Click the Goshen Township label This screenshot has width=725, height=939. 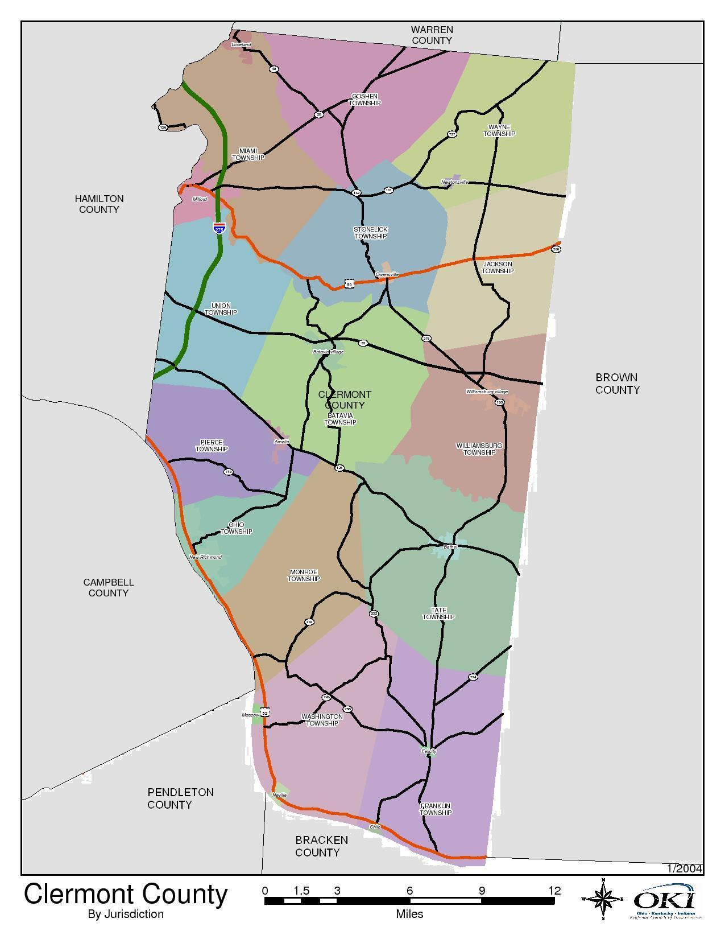coord(364,100)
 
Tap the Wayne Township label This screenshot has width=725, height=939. coord(499,130)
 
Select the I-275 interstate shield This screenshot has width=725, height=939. coord(219,228)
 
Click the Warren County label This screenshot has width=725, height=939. coord(432,35)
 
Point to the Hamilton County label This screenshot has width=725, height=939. coord(99,204)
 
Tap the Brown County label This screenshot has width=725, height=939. coord(617,384)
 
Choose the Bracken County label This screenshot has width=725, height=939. coord(317,846)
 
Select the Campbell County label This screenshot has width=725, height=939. coord(108,588)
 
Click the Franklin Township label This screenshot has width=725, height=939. coord(436,809)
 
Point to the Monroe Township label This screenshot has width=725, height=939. coord(303,575)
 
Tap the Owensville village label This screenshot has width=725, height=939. coord(387,274)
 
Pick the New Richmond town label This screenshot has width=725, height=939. coord(205,557)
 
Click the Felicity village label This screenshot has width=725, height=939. coord(429,751)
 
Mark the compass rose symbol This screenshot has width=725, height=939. coord(603,899)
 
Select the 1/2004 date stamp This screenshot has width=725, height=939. coord(685,868)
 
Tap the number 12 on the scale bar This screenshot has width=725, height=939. coord(554,891)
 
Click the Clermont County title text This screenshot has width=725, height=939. coord(126,895)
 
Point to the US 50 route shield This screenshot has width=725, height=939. coord(349,283)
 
